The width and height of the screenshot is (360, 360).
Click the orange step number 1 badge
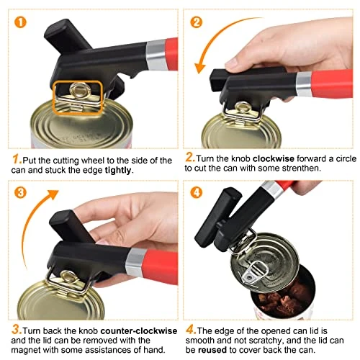20,22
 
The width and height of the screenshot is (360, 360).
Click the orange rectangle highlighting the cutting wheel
74,96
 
